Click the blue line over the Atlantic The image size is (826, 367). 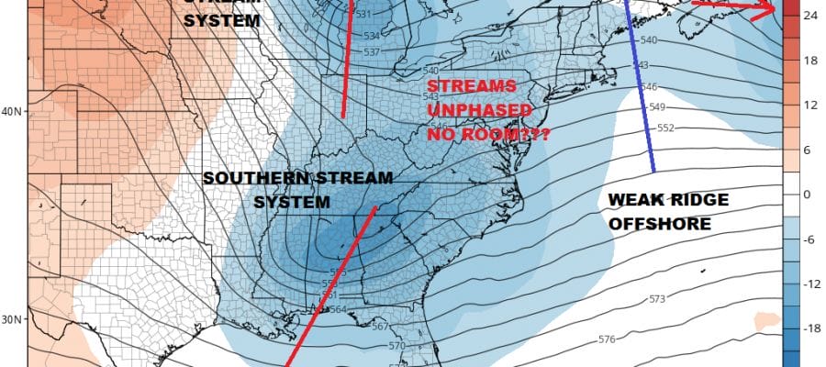(x=640, y=87)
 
